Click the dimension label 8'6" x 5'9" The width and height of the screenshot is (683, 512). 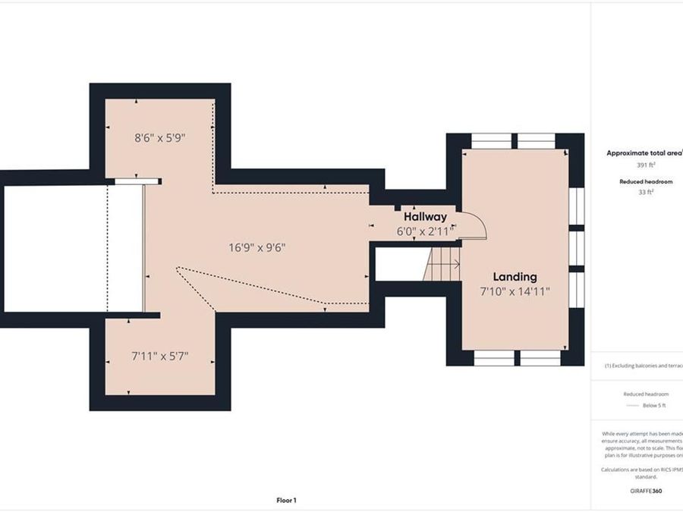[160, 138]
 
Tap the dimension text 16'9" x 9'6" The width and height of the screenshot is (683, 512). [257, 247]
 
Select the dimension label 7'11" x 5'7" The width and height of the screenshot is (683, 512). [159, 355]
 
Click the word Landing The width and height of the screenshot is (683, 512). [515, 277]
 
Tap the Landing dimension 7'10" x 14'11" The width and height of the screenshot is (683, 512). [515, 291]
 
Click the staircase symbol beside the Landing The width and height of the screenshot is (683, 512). [442, 265]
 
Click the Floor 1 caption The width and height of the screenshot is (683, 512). [286, 500]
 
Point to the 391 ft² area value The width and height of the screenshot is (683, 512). [645, 164]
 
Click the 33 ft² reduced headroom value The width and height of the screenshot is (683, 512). [646, 192]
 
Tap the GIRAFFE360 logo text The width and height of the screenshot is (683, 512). [646, 492]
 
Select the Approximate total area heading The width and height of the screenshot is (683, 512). [644, 152]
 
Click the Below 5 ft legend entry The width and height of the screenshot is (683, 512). [653, 406]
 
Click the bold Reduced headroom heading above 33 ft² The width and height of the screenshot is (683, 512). [646, 182]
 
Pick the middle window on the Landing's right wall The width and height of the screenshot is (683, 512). [577, 248]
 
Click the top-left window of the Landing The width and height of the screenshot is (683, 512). [491, 141]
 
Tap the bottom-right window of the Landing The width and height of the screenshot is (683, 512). [540, 357]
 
